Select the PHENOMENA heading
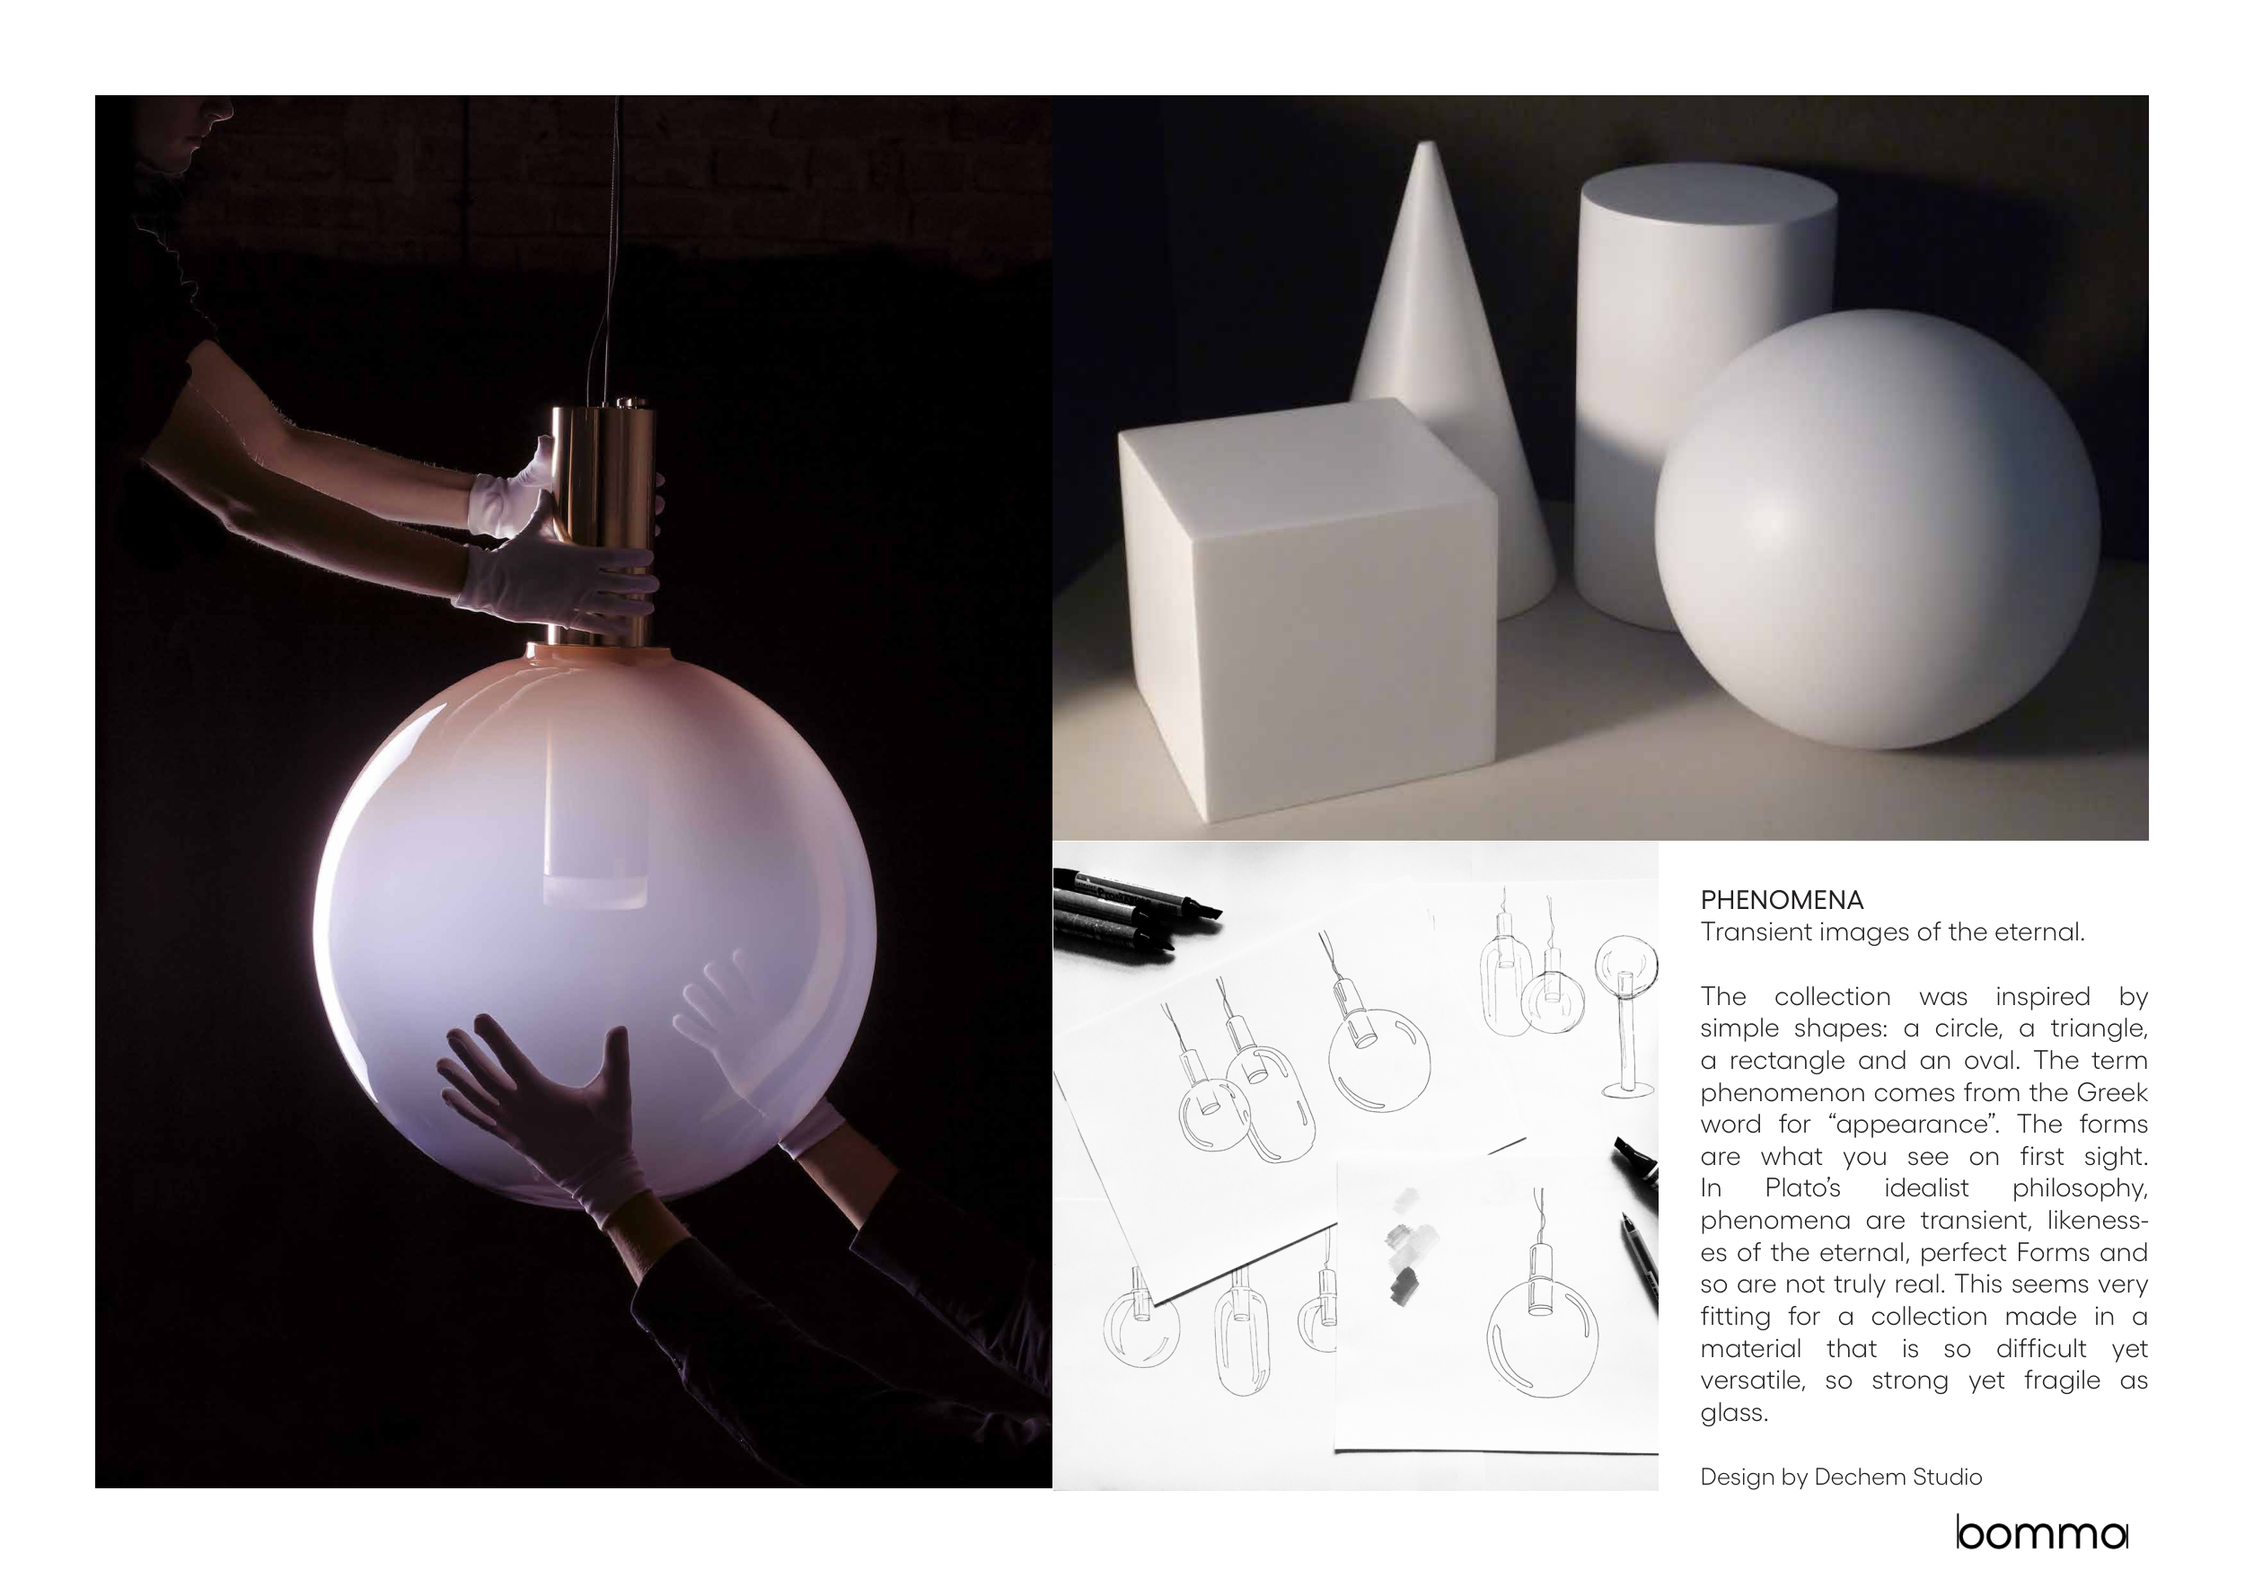tap(1782, 901)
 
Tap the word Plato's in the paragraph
tap(1803, 1188)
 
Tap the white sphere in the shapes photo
tap(1877, 529)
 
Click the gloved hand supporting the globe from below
tap(548, 1115)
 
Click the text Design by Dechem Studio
tap(1841, 1477)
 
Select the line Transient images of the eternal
tap(1893, 932)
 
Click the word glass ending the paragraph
tap(1735, 1413)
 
